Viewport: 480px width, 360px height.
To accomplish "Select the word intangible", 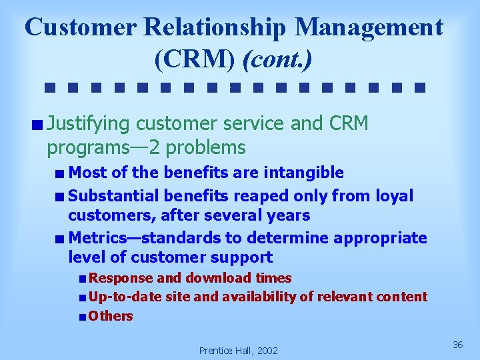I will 304,173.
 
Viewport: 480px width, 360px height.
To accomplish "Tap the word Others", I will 111,316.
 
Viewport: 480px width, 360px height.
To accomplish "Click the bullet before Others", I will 81,317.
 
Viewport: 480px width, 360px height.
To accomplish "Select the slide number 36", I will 457,344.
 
